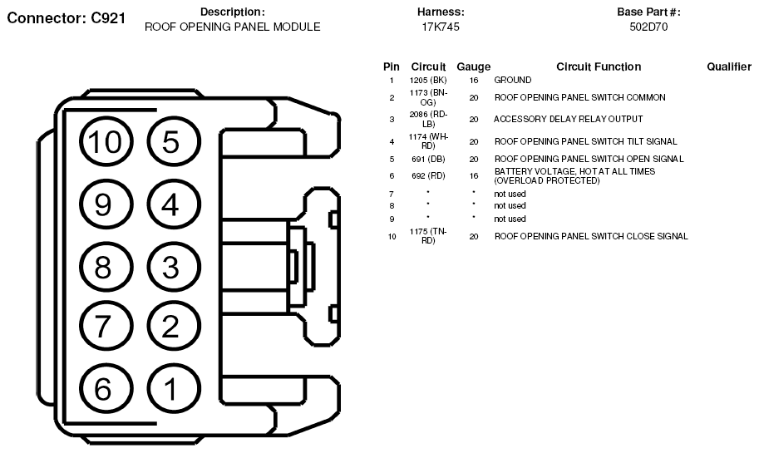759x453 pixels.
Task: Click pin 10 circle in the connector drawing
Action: [x=106, y=143]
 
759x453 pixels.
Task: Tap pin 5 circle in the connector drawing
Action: [x=170, y=143]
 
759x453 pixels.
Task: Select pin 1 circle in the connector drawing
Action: [x=170, y=388]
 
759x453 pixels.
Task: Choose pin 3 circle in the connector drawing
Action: [x=170, y=267]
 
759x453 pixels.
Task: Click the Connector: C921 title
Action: [x=66, y=18]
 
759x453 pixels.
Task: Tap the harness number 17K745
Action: [x=441, y=27]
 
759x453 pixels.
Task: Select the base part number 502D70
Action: [x=649, y=27]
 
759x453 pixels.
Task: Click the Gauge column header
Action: [x=473, y=66]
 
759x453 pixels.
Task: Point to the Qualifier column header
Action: [x=729, y=66]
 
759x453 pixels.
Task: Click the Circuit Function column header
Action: [x=599, y=66]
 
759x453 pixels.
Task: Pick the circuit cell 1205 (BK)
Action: [x=428, y=81]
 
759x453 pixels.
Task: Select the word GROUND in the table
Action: [x=513, y=81]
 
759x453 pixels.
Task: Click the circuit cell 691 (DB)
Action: [x=428, y=159]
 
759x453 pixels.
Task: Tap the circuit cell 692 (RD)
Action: [x=428, y=176]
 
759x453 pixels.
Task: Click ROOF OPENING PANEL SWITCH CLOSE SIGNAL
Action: [x=591, y=237]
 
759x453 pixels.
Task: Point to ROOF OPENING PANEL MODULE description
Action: [x=233, y=27]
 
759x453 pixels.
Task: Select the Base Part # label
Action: [x=649, y=12]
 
